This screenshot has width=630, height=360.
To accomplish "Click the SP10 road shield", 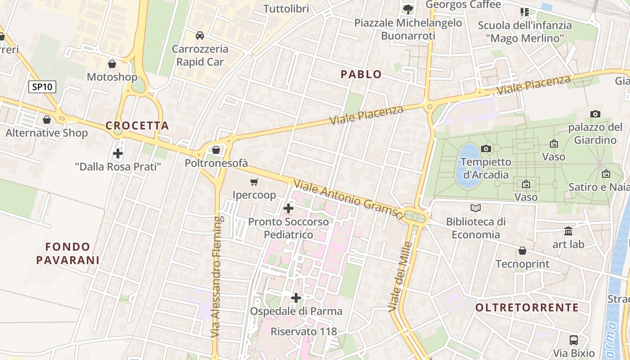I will pos(42,87).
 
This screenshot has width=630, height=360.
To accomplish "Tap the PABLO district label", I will pos(361,74).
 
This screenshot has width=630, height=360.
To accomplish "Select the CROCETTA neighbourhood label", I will pos(137,126).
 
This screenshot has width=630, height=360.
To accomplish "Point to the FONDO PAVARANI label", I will pos(68,253).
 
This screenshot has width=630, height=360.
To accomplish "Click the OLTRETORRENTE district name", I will pos(527,308).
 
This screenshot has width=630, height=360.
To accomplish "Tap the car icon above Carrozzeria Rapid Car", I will pos(200,36).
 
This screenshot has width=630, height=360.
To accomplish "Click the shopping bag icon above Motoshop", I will pos(112,64).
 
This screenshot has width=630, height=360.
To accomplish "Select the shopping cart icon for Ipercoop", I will pos(254,182).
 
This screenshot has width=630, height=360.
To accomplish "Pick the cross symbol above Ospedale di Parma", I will pos(296,298).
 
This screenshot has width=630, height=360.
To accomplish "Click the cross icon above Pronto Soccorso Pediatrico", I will pos(288,208).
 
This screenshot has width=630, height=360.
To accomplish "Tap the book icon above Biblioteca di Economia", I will pos(476,208).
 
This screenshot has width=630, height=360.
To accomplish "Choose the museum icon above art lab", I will pos(568,231).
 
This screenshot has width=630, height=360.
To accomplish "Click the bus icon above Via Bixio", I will pos(574,340).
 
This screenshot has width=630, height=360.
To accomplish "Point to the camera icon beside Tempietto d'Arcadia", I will pos(486,148).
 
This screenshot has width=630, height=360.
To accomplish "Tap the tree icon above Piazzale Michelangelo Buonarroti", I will pos(408,9).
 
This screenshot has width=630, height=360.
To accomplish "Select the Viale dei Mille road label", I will pos(400,277).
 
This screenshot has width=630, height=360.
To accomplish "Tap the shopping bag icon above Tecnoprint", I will pos(522,251).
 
